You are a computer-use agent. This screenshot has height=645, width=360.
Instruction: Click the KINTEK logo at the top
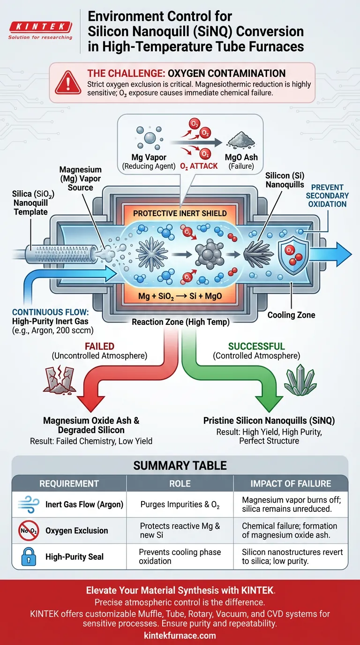(40, 27)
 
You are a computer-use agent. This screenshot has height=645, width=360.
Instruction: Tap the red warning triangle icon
(67, 82)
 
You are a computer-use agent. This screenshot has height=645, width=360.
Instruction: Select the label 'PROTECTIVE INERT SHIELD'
(180, 213)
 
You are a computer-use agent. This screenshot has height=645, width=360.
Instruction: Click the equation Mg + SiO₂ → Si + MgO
(180, 296)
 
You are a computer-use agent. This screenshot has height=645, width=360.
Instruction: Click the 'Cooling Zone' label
(291, 315)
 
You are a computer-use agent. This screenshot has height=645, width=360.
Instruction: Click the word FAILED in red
(99, 346)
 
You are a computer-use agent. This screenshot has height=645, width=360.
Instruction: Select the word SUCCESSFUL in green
(256, 346)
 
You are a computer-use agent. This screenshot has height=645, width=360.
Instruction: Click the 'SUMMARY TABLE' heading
(180, 465)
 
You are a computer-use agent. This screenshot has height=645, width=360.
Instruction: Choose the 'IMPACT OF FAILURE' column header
(291, 483)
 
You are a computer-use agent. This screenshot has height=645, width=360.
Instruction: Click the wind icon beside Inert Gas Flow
(26, 504)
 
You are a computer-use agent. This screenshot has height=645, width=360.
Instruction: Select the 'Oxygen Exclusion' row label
(76, 531)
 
